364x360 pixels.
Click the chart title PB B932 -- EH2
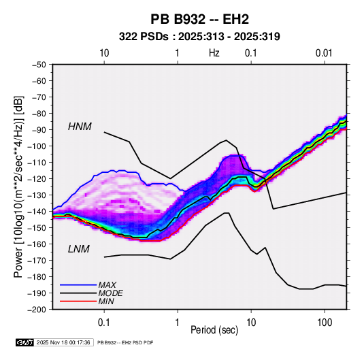pyautogui.click(x=199, y=19)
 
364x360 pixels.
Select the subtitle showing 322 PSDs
pyautogui.click(x=199, y=37)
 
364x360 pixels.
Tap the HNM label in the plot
pyautogui.click(x=80, y=127)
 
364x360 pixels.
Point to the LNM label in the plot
pyautogui.click(x=79, y=249)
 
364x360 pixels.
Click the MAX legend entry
pyautogui.click(x=107, y=285)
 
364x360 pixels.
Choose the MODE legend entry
pyautogui.click(x=110, y=293)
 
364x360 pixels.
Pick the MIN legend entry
pyautogui.click(x=106, y=301)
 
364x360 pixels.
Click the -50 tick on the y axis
pyautogui.click(x=39, y=65)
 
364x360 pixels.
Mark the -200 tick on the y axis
pyautogui.click(x=37, y=310)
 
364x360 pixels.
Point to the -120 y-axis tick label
pyautogui.click(x=37, y=179)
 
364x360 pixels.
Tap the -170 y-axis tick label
pyautogui.click(x=37, y=261)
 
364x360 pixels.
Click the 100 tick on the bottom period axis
pyautogui.click(x=325, y=323)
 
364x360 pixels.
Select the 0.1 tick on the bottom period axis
pyautogui.click(x=104, y=323)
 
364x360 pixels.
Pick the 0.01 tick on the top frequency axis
pyautogui.click(x=324, y=53)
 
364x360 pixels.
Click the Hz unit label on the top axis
pyautogui.click(x=214, y=53)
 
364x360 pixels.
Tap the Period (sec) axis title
pyautogui.click(x=214, y=330)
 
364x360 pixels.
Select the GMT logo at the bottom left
pyautogui.click(x=25, y=342)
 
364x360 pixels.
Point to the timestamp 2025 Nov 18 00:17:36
pyautogui.click(x=63, y=342)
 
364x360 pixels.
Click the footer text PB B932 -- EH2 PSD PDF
pyautogui.click(x=125, y=342)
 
